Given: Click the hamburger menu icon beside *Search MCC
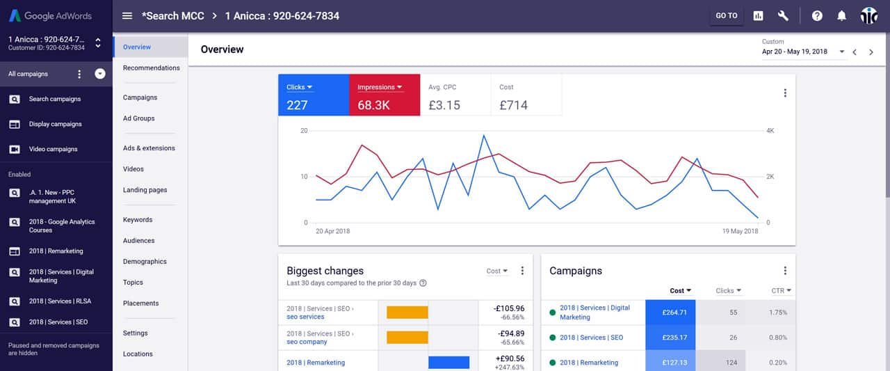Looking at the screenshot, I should (x=127, y=16).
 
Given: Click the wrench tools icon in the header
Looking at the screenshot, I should (x=783, y=16).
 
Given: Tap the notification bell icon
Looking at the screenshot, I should (x=841, y=16).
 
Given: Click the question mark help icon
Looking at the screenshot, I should (x=817, y=16).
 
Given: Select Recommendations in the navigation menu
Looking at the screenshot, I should (x=151, y=68).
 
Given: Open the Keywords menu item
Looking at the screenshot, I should (x=138, y=220).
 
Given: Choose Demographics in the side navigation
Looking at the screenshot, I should (x=145, y=262).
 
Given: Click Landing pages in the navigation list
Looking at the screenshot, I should (x=145, y=190).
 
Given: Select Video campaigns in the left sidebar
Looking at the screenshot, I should (x=53, y=149).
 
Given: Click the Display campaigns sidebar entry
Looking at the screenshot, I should (x=55, y=124).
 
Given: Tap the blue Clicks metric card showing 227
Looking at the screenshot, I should (x=314, y=95).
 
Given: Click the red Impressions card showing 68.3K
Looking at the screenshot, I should (x=385, y=95).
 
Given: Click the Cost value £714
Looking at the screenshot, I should (x=513, y=105).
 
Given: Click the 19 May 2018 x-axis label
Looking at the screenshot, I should (x=740, y=231).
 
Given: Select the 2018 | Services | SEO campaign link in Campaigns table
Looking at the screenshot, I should (x=591, y=338).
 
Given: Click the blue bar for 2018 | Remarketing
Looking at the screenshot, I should (x=448, y=362).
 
